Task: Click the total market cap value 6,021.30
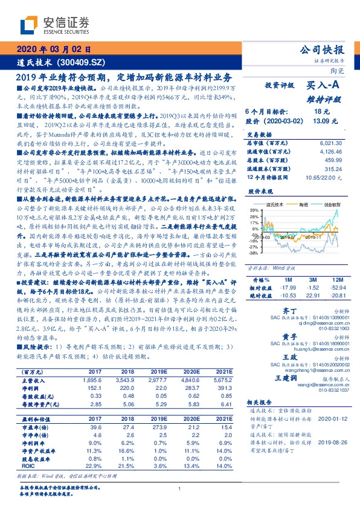[x=329, y=143]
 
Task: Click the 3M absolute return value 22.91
[x=312, y=296]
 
